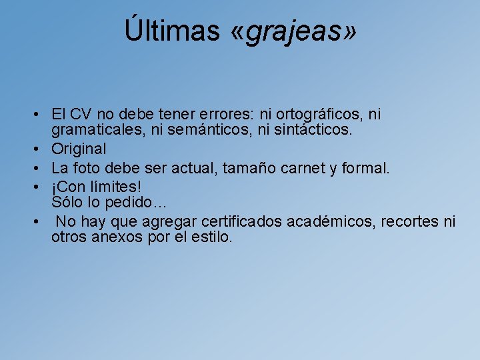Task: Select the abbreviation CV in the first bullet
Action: pos(81,115)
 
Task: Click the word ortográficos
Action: pos(310,115)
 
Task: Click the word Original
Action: pos(79,149)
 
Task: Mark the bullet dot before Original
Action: pos(41,149)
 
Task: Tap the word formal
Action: pos(365,168)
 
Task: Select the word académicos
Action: pos(331,221)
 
